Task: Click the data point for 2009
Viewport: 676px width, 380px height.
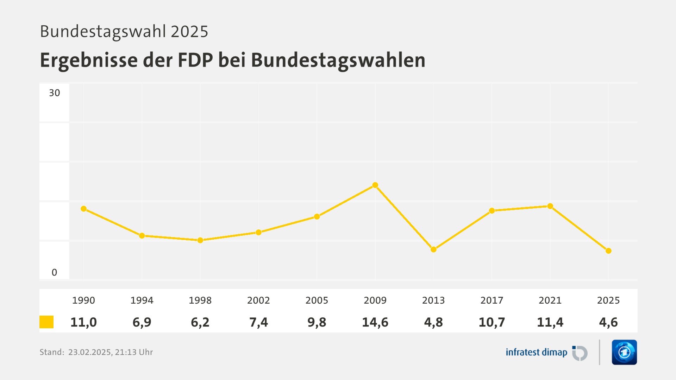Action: (375, 185)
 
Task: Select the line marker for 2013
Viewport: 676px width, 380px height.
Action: (433, 249)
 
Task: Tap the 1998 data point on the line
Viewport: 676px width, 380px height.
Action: (200, 240)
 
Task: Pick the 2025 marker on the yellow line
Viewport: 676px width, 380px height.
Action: (608, 251)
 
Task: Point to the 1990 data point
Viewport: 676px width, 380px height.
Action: (83, 209)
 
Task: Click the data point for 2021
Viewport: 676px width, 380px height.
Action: (550, 206)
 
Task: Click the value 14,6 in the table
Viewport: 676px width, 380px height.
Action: (375, 322)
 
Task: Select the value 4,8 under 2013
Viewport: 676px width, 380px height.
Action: (433, 322)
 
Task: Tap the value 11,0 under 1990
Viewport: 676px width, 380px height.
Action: (83, 322)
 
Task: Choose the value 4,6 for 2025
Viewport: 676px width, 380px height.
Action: (608, 322)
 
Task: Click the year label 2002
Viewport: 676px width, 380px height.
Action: (258, 300)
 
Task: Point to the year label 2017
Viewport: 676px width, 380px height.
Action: (492, 300)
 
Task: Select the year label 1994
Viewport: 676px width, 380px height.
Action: (142, 300)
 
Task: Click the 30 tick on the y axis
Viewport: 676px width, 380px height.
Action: (54, 93)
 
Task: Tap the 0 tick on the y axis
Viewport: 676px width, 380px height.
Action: (54, 272)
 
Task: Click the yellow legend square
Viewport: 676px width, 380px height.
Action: (46, 322)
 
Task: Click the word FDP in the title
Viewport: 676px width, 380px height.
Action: (195, 60)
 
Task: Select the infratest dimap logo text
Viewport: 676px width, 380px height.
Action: (536, 352)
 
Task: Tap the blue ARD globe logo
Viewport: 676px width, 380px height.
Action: (624, 352)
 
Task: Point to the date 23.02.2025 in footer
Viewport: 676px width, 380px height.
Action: (89, 352)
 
